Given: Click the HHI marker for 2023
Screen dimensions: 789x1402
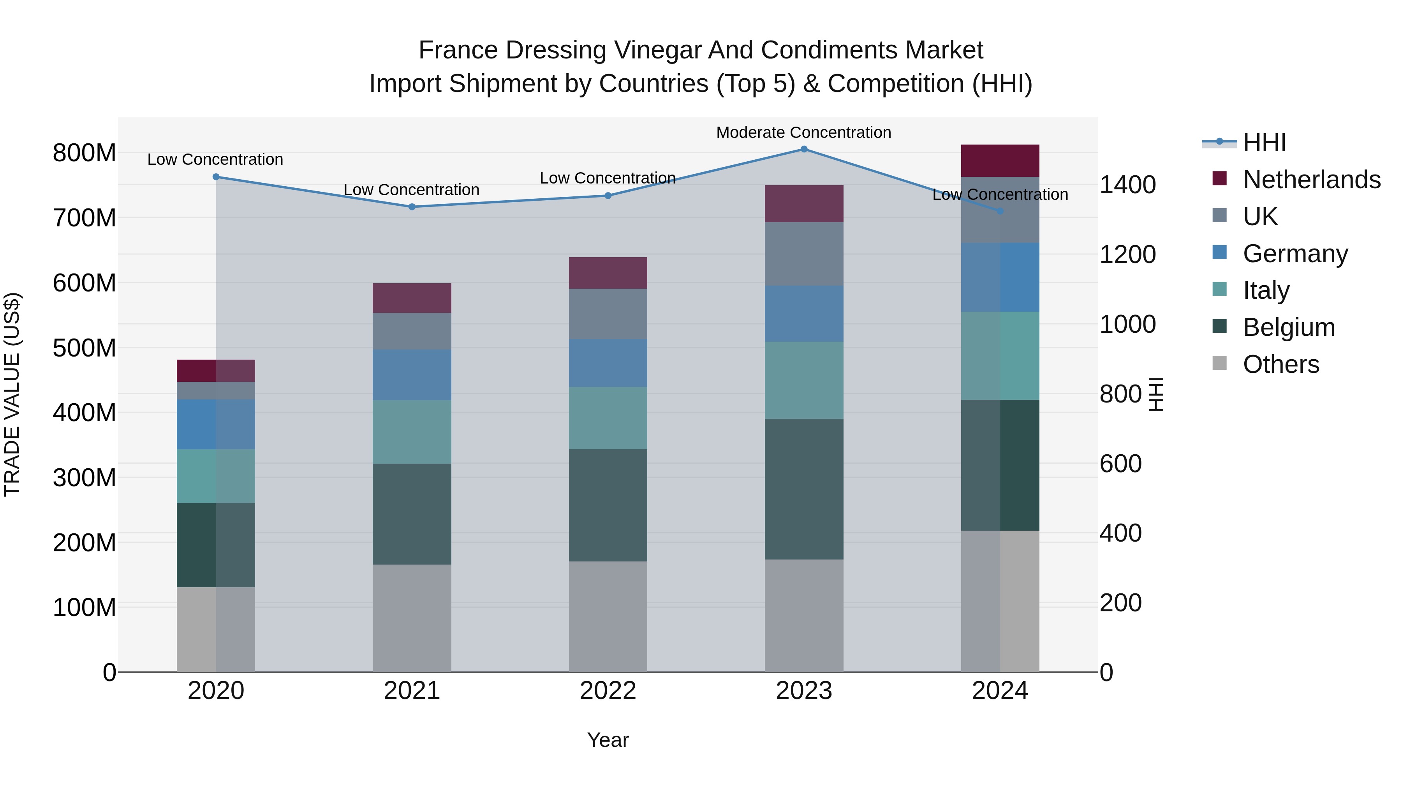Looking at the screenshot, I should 804,149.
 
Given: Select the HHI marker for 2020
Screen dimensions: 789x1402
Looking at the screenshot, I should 216,177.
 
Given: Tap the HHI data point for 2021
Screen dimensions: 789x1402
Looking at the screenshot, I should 412,207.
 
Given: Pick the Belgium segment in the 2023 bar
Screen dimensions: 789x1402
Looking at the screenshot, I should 804,489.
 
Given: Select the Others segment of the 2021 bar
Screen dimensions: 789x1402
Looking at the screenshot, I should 412,618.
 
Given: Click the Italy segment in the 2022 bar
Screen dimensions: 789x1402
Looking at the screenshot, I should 608,418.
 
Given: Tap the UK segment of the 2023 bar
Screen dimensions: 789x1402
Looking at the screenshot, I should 804,254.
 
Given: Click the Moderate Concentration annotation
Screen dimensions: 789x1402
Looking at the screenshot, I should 803,132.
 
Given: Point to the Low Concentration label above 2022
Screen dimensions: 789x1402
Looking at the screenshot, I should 608,178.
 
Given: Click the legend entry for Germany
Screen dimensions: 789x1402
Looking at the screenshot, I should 1295,254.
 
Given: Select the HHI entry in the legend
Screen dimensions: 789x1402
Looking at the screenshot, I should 1264,143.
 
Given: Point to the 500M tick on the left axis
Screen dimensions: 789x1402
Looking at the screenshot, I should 85,348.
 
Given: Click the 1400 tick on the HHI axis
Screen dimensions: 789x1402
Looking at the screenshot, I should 1127,185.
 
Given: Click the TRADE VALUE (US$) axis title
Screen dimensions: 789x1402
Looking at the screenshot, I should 12,394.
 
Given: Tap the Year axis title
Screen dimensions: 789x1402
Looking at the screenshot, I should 608,740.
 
